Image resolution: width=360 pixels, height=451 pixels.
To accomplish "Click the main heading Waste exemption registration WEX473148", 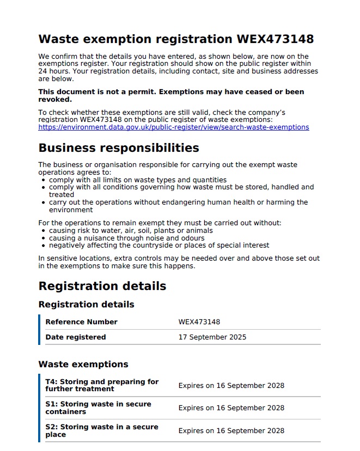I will pyautogui.click(x=176, y=39).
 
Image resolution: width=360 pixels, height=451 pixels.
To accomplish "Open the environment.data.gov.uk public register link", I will pyautogui.click(x=173, y=127).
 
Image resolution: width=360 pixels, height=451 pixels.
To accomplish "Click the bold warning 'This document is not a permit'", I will pyautogui.click(x=171, y=96).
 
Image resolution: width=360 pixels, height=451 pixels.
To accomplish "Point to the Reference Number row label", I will pyautogui.click(x=81, y=322).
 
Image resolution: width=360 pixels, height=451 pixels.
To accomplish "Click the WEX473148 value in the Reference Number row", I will pyautogui.click(x=199, y=322).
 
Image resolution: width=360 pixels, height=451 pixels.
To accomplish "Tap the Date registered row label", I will pyautogui.click(x=76, y=337).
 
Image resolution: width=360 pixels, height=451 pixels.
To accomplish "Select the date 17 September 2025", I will pyautogui.click(x=212, y=337).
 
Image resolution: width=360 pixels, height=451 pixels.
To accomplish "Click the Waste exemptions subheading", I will pyautogui.click(x=83, y=364).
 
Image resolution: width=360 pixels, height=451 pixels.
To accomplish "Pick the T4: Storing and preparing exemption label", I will pyautogui.click(x=102, y=385).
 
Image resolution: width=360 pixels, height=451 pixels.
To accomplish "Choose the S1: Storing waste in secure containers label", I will pyautogui.click(x=98, y=408).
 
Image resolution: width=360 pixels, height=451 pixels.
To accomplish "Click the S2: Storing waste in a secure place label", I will pyautogui.click(x=102, y=431).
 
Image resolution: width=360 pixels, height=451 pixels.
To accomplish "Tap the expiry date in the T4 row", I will pyautogui.click(x=231, y=386).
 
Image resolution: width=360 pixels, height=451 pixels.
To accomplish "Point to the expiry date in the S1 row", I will pyautogui.click(x=231, y=408).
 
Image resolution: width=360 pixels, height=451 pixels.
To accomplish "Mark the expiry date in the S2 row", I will pyautogui.click(x=231, y=431).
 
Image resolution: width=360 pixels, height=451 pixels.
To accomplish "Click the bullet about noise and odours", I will pyautogui.click(x=126, y=238).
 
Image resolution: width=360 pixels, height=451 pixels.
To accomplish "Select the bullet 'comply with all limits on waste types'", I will pyautogui.click(x=137, y=180).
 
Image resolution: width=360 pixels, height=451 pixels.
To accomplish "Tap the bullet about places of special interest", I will pyautogui.click(x=159, y=245).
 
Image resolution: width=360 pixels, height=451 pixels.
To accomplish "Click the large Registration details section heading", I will pyautogui.click(x=102, y=286).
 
